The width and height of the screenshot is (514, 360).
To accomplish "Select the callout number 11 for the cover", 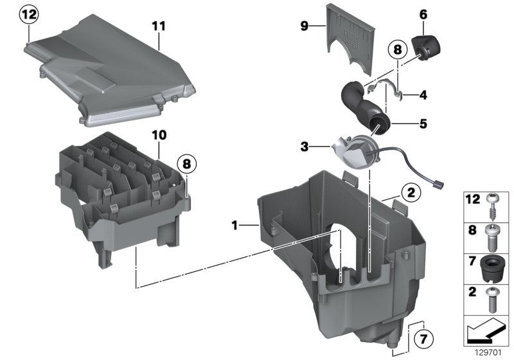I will [x=159, y=26].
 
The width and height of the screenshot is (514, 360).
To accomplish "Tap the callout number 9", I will [x=305, y=26].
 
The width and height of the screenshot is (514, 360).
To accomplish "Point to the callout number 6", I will [x=423, y=14].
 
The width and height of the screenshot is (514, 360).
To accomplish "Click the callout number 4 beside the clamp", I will [x=423, y=95].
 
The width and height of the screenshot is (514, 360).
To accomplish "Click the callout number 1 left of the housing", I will [x=236, y=225].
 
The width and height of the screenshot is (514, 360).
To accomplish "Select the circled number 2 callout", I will [x=410, y=192].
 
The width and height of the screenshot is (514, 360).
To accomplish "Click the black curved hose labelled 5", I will [x=359, y=107].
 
